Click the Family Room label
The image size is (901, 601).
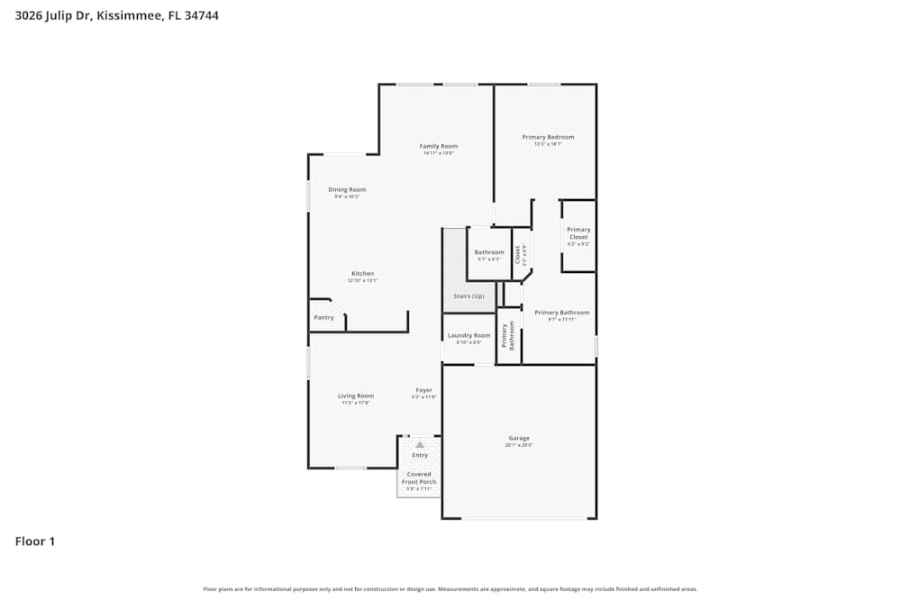tap(439, 146)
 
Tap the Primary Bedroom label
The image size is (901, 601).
tap(548, 137)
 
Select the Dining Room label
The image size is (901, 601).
tap(347, 189)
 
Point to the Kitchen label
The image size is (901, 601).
tap(362, 274)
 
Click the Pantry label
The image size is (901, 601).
tap(323, 317)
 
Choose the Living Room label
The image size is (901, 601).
tap(356, 396)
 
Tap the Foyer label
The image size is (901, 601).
tap(423, 390)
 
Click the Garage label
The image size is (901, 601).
tap(519, 438)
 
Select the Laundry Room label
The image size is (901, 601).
tap(469, 335)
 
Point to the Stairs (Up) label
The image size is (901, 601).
tap(469, 296)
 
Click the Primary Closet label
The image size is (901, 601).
tap(578, 233)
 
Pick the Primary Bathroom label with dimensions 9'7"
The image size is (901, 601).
tap(561, 313)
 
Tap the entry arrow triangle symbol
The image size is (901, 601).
tap(420, 444)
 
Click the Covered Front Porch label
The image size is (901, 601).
tap(419, 478)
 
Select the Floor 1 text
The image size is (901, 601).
tap(35, 542)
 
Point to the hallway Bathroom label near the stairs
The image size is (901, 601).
tap(489, 252)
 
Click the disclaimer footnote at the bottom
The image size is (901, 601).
tap(450, 589)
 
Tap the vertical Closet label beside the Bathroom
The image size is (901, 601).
tap(517, 255)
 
